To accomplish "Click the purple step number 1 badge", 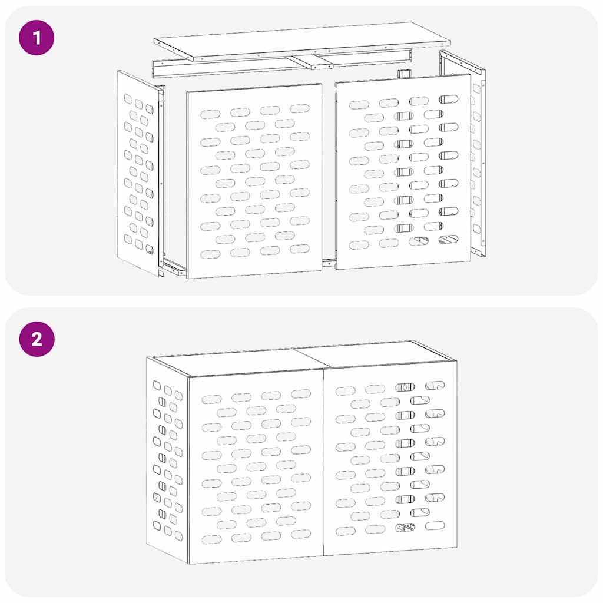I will (x=37, y=38).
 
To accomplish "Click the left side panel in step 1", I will (x=139, y=173).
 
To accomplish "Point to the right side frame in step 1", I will (x=478, y=153).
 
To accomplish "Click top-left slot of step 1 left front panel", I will (x=210, y=114).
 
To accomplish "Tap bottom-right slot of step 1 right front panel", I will (x=448, y=240).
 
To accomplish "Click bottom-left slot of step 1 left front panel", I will (x=210, y=254).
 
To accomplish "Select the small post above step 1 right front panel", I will (x=403, y=74).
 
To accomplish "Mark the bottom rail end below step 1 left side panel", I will (x=174, y=270).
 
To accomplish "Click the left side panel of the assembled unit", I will (x=167, y=459).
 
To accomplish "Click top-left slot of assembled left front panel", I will (x=211, y=399).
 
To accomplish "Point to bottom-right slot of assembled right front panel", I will (x=435, y=525).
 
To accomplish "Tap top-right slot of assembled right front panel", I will (x=435, y=385).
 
